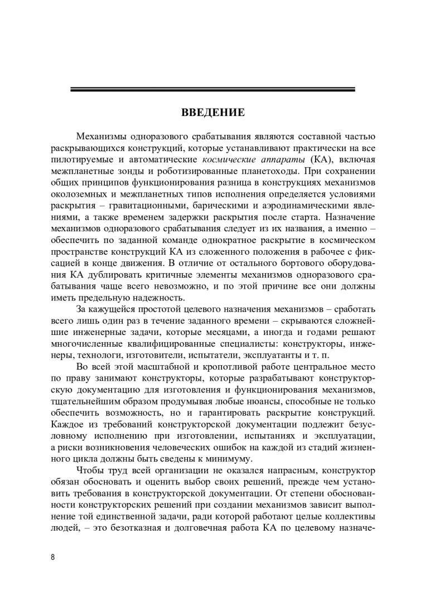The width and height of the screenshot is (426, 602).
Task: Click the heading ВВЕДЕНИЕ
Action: (212, 114)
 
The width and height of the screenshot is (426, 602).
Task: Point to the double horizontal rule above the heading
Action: (212, 89)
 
